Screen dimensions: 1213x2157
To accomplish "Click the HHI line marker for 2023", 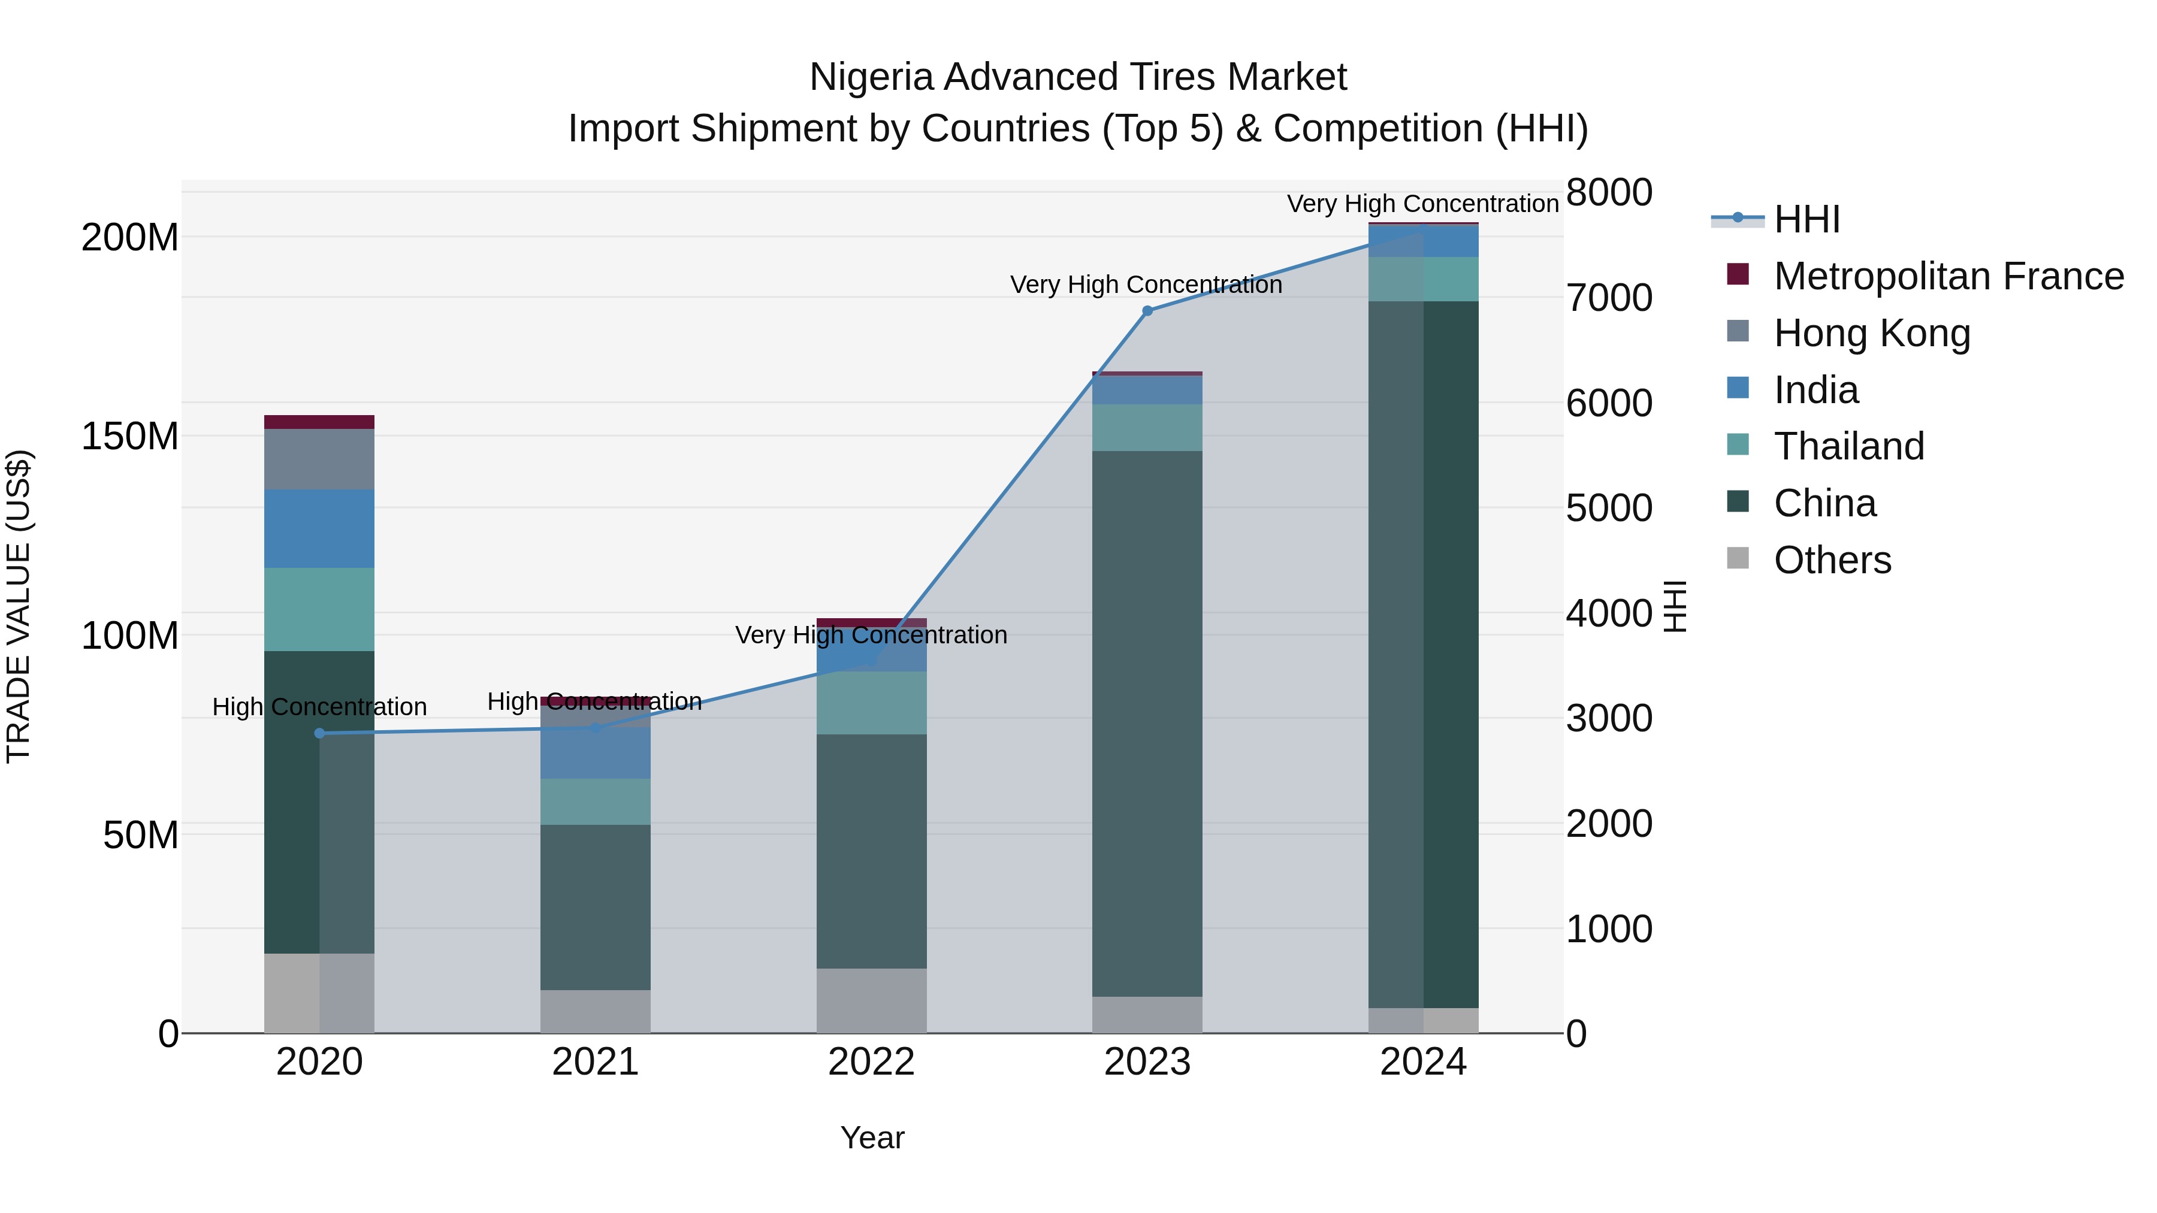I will pyautogui.click(x=1147, y=310).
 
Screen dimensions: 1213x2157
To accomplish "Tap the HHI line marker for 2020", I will pyautogui.click(x=319, y=733).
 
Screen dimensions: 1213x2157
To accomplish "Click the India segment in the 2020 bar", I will pyautogui.click(x=319, y=528).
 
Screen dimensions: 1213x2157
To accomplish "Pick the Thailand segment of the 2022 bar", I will pyautogui.click(x=871, y=703).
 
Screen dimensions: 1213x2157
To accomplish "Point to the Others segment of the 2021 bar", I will pyautogui.click(x=596, y=1011).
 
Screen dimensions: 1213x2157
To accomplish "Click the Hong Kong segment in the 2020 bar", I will pyautogui.click(x=319, y=459).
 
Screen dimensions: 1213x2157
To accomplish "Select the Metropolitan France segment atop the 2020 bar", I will pyautogui.click(x=319, y=422).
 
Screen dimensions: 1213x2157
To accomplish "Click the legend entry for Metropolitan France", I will pyautogui.click(x=1948, y=276).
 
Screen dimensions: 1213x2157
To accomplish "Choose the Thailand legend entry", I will pyautogui.click(x=1849, y=446).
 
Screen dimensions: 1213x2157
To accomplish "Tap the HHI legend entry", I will pyautogui.click(x=1806, y=219).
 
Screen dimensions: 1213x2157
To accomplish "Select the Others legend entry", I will pyautogui.click(x=1832, y=560).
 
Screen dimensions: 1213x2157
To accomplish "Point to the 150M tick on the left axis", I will pyautogui.click(x=130, y=436).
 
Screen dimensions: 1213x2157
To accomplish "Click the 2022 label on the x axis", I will pyautogui.click(x=871, y=1062).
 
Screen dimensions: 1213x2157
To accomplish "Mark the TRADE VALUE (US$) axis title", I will pyautogui.click(x=19, y=606).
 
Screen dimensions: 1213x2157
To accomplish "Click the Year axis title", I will pyautogui.click(x=872, y=1138).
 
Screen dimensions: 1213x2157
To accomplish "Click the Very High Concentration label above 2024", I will pyautogui.click(x=1422, y=204).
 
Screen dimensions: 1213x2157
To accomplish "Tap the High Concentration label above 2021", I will pyautogui.click(x=594, y=701).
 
